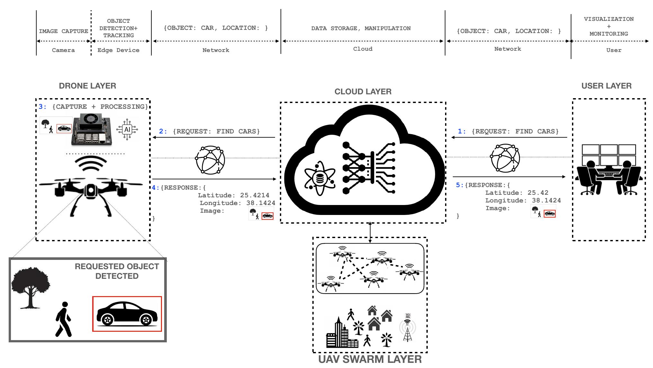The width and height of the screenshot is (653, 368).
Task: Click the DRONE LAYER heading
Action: (87, 86)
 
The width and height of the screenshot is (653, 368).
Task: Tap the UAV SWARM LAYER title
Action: (370, 359)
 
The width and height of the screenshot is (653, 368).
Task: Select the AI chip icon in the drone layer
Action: (127, 129)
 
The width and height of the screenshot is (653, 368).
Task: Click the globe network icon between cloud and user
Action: (505, 158)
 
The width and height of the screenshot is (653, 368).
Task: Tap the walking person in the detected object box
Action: (64, 319)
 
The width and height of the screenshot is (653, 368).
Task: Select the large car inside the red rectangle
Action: (127, 314)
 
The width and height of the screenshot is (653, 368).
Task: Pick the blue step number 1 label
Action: (461, 131)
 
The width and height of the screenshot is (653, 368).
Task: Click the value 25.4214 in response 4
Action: (255, 195)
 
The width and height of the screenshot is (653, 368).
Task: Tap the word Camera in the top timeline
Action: (63, 50)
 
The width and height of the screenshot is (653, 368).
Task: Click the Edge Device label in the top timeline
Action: (118, 50)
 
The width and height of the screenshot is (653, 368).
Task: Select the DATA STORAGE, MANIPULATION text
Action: (361, 28)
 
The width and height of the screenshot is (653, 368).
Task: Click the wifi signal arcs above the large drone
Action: (91, 164)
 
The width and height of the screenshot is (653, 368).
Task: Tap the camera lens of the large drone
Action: (91, 191)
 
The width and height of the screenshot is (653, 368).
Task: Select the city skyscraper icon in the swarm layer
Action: (338, 334)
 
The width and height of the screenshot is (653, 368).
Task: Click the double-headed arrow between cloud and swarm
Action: (370, 232)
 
